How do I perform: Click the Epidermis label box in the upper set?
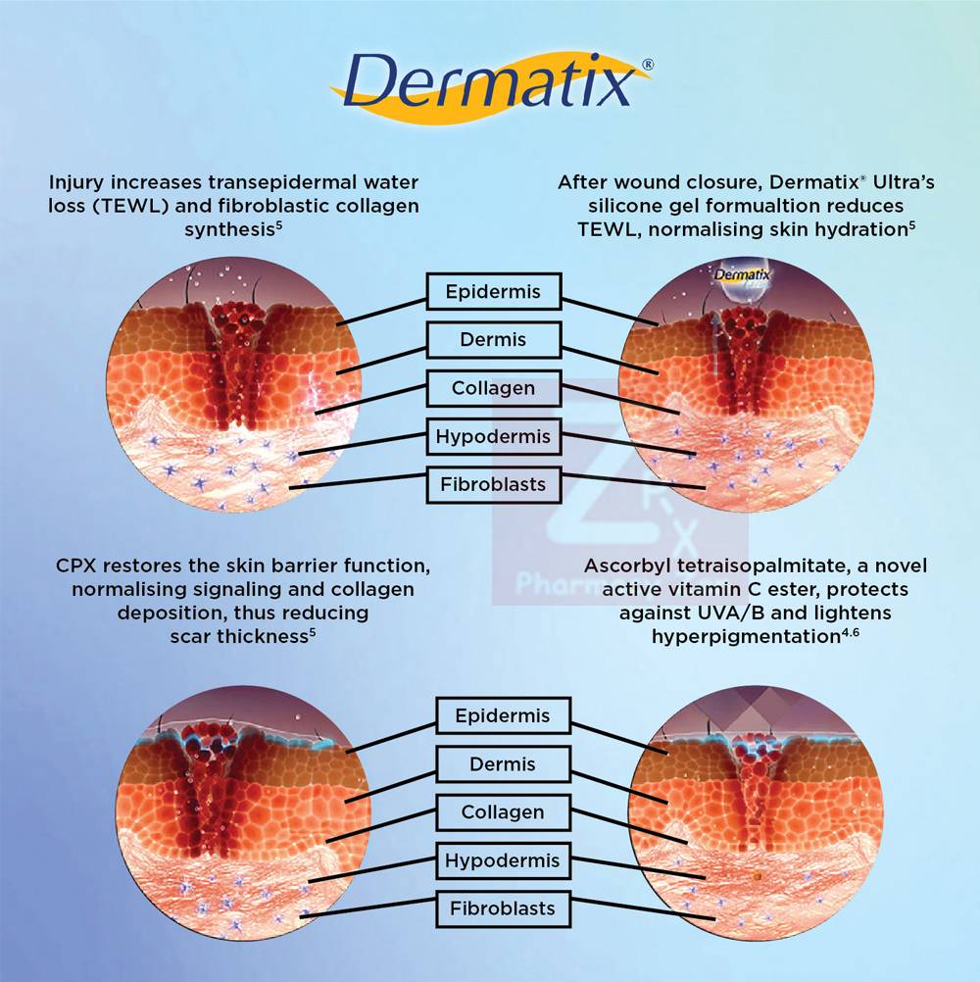(494, 291)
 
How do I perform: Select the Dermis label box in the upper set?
(494, 339)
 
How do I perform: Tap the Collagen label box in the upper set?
(494, 388)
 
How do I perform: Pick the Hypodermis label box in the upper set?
(494, 436)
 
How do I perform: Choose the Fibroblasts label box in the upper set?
(494, 484)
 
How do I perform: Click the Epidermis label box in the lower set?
(503, 715)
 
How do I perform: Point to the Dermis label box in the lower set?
(503, 763)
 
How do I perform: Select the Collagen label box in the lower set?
(503, 811)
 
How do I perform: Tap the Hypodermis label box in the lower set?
(503, 859)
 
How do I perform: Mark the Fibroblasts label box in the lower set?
(503, 908)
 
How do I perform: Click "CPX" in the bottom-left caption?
(75, 565)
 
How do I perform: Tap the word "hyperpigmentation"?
(746, 637)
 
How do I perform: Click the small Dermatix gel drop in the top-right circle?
(743, 283)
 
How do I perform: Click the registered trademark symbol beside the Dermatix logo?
(648, 65)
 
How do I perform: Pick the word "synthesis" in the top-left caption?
(229, 230)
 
